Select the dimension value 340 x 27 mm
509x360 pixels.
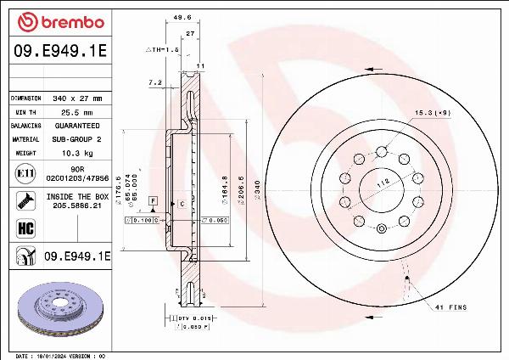point(70,98)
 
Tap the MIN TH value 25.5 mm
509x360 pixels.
point(71,112)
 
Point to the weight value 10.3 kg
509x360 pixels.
point(71,153)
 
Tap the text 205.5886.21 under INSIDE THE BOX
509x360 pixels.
point(72,205)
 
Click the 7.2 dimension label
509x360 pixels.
point(154,82)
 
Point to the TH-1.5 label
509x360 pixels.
point(160,50)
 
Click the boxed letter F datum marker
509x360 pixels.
point(153,200)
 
